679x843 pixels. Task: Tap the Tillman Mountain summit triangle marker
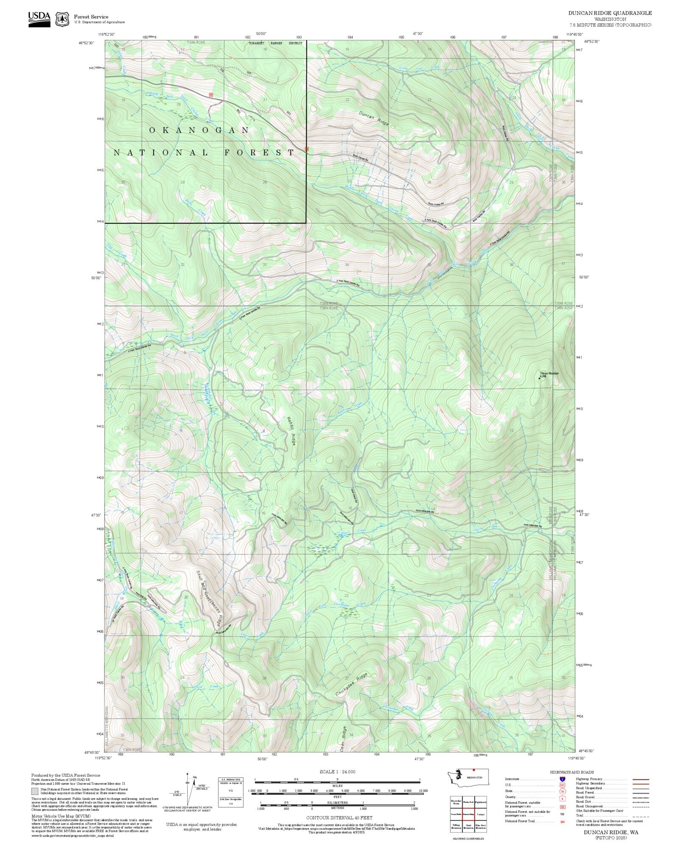click(x=539, y=378)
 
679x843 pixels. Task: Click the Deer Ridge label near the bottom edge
click(x=344, y=739)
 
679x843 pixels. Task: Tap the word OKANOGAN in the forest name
click(x=199, y=130)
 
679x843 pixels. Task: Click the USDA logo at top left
click(x=39, y=19)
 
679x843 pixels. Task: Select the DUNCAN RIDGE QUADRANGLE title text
click(x=610, y=13)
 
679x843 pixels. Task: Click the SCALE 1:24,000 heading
click(x=337, y=772)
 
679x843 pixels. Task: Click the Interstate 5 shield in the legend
click(x=562, y=779)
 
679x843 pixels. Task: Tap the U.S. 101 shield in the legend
click(x=562, y=785)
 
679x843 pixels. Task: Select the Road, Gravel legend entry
click(x=584, y=797)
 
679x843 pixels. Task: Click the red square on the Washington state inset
click(x=474, y=770)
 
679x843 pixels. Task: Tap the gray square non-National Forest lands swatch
click(x=35, y=791)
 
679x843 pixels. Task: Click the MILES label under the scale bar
click(x=337, y=785)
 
